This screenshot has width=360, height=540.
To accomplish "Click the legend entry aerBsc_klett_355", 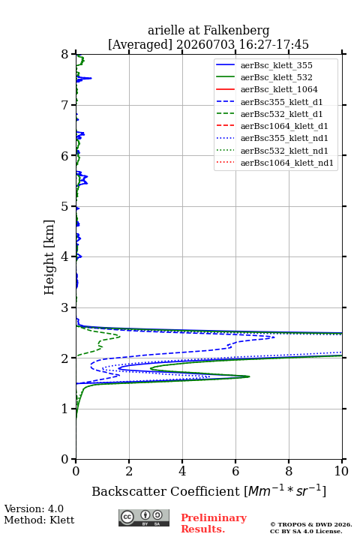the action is point(276,65).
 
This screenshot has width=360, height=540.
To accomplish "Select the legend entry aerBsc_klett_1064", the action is point(279,89).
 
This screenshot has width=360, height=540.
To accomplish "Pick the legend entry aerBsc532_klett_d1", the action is point(281,114).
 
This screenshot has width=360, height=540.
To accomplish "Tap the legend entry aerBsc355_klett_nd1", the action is point(284,138).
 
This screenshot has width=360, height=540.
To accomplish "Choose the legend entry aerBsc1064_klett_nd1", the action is point(287,163).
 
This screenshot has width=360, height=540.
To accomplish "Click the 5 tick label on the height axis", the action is point(65,206).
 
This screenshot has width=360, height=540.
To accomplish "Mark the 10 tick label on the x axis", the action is point(341,471).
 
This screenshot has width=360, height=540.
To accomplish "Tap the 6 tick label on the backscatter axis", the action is point(235,471).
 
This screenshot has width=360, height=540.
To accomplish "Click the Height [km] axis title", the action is point(49,257).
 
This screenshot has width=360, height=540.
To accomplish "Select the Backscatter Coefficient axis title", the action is point(208,491).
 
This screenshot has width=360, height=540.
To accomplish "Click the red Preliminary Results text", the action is point(214,523).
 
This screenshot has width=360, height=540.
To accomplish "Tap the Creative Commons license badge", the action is point(144,517).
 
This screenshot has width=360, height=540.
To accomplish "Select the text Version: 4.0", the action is point(34,508).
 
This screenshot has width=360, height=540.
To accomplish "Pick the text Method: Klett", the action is point(39,520).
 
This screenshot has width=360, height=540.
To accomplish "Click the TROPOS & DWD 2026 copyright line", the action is point(311,524).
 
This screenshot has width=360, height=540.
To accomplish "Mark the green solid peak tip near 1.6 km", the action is point(250,376).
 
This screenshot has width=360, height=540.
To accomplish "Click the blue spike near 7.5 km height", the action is point(91,78).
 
